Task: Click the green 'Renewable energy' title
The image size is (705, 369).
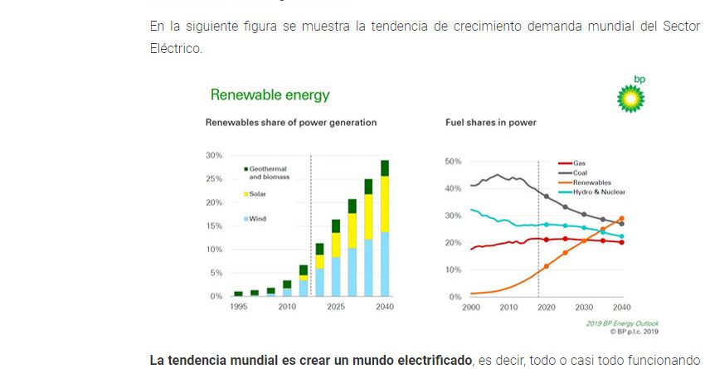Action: click(x=270, y=95)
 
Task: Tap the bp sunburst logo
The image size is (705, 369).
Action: click(x=630, y=96)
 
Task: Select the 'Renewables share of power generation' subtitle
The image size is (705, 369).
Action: click(x=291, y=123)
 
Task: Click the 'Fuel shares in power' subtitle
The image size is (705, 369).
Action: click(x=491, y=123)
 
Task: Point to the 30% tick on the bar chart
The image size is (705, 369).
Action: click(x=214, y=155)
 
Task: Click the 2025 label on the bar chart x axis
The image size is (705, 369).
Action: click(x=336, y=307)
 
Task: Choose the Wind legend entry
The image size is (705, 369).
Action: click(x=257, y=219)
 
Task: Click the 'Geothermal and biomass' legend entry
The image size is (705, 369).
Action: click(x=267, y=172)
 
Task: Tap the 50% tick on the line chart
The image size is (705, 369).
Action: click(x=454, y=161)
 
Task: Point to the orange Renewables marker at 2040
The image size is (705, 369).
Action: click(x=621, y=219)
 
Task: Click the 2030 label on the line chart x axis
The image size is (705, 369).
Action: click(x=583, y=307)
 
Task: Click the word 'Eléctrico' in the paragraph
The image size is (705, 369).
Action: click(x=174, y=49)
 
